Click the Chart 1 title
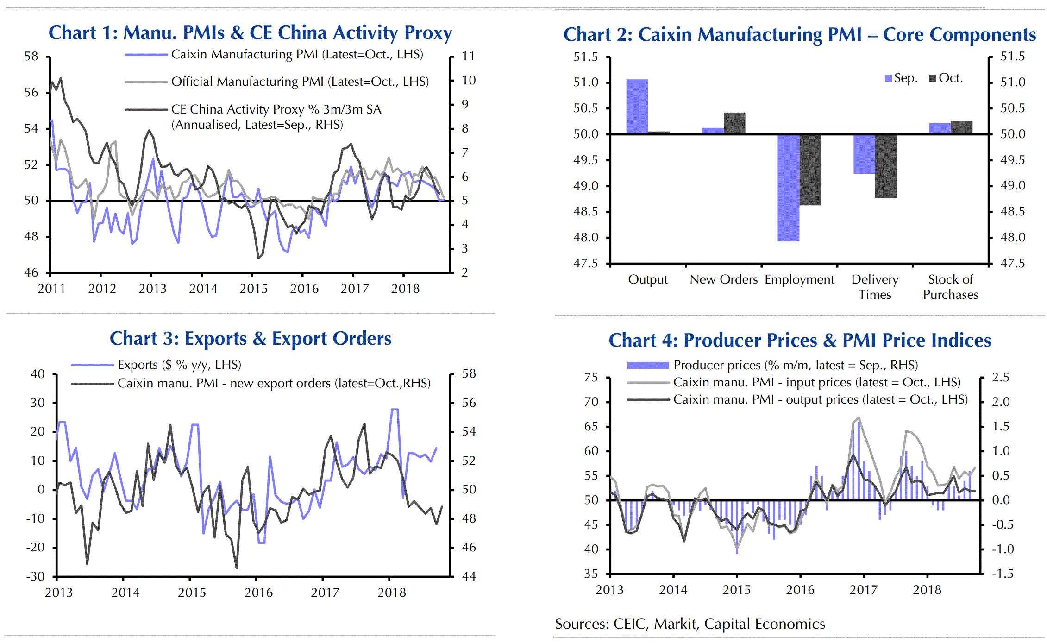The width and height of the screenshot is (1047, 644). tap(250, 33)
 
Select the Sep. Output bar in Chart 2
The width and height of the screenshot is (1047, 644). tap(637, 107)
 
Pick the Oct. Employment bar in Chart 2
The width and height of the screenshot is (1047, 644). tap(810, 170)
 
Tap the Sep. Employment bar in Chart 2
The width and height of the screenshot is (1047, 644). tap(788, 188)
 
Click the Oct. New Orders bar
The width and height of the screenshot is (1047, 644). tap(734, 123)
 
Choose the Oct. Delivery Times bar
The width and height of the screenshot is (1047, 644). tap(885, 166)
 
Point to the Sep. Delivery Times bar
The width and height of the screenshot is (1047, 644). tap(864, 154)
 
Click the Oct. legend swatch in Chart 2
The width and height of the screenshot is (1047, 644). tap(933, 78)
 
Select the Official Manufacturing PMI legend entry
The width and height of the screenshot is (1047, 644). tap(300, 82)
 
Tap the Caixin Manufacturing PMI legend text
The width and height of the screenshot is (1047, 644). tap(297, 55)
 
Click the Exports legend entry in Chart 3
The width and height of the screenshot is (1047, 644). tap(179, 365)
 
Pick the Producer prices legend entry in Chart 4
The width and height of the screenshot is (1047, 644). tap(795, 366)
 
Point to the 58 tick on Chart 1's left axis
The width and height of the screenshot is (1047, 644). tap(31, 57)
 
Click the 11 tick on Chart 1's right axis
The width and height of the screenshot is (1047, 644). tap(468, 57)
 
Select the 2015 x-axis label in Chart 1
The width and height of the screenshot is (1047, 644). tap(253, 289)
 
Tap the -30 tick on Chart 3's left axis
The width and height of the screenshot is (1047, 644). tap(35, 577)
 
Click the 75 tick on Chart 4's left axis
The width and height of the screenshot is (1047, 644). tap(591, 378)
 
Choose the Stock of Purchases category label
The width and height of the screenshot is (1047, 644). tap(950, 287)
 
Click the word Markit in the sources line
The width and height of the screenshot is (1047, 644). tap(675, 624)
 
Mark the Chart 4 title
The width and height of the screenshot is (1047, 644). tap(800, 341)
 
